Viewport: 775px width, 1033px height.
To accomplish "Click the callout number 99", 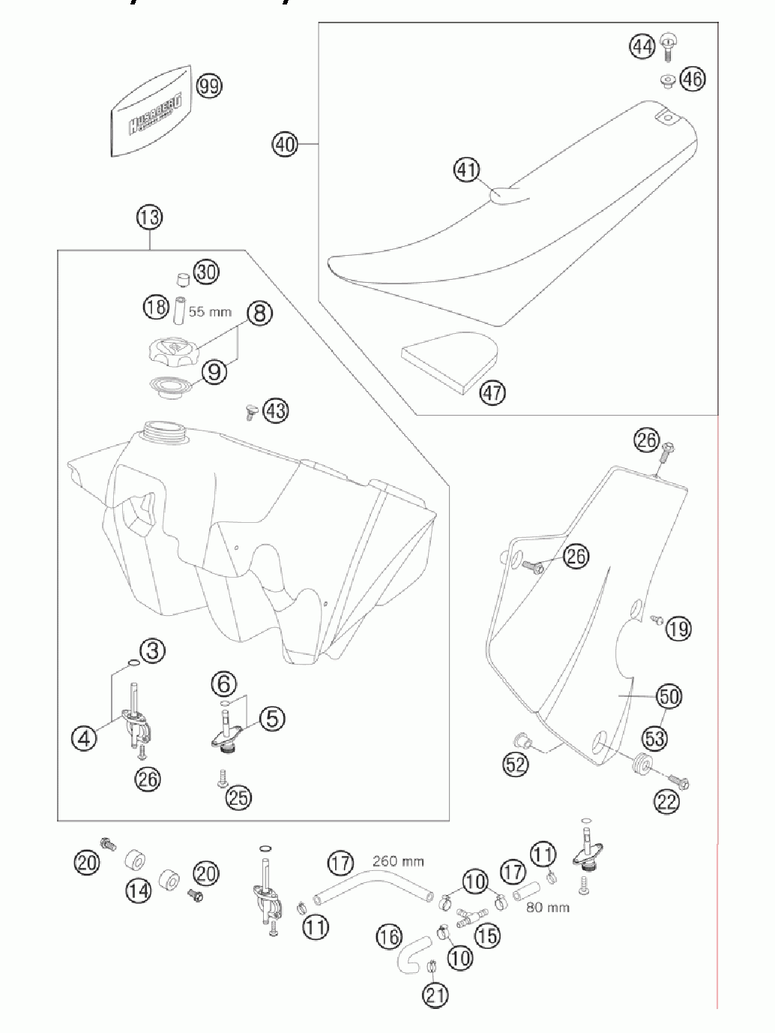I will (x=209, y=86).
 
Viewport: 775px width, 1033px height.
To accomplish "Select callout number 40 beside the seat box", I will (x=285, y=143).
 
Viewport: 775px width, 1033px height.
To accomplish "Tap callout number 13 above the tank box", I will (x=149, y=218).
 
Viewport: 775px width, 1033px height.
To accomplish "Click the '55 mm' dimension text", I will (x=210, y=311).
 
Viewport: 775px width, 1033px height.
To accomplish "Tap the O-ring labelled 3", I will (x=132, y=662).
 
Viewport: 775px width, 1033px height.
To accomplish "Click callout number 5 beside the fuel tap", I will (x=271, y=719).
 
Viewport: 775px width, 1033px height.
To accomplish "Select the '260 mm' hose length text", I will (x=398, y=862).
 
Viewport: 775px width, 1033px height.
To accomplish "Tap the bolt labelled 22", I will (x=678, y=782).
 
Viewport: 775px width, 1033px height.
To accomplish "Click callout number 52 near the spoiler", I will (x=516, y=764).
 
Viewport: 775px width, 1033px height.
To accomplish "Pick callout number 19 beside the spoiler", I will (x=678, y=628).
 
